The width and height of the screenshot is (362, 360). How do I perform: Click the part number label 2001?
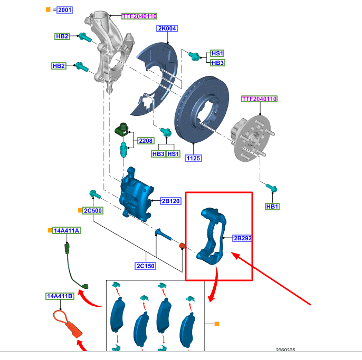pos(64,9)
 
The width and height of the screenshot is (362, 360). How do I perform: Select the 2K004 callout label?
pos(167,28)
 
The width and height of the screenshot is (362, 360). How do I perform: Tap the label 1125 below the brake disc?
pos(194,158)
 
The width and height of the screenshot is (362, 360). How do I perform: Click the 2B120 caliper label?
pos(171,201)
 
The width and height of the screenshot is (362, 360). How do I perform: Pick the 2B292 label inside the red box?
pos(243,238)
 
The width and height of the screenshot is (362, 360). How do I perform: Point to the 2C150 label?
pos(145,266)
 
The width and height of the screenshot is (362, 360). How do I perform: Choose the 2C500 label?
pos(93,210)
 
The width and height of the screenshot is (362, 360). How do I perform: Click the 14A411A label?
pos(66,231)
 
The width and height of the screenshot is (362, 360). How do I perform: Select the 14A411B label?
pos(60,297)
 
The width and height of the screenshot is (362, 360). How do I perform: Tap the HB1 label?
pos(272,207)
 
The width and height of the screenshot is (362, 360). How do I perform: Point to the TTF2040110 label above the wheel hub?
pos(259,99)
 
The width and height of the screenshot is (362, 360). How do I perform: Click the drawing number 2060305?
pos(285,349)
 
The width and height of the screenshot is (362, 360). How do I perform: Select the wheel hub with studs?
pos(251,138)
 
